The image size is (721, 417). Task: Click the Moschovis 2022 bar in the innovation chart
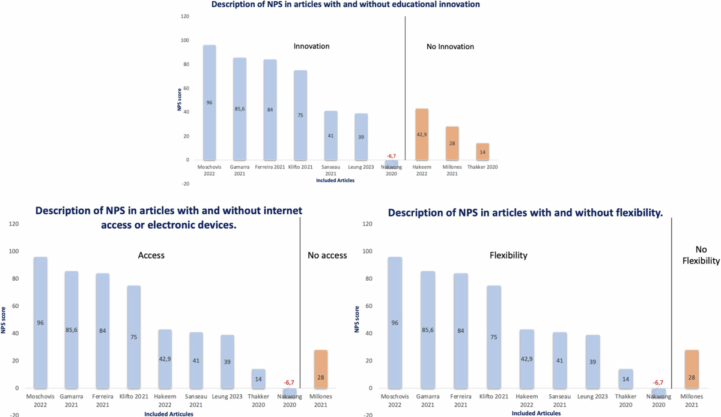[209, 103]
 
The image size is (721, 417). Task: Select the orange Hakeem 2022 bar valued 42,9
[421, 134]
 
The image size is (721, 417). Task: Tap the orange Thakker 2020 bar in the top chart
[483, 152]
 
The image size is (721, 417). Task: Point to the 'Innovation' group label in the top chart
[311, 46]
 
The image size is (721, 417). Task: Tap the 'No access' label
[327, 255]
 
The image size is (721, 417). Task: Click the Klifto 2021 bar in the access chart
[133, 337]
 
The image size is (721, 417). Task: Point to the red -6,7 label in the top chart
[391, 156]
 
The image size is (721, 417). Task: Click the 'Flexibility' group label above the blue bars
[508, 255]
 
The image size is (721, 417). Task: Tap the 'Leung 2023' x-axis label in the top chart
[360, 166]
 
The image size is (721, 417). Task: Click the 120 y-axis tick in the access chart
[14, 224]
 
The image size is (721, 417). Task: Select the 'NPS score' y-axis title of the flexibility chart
[357, 320]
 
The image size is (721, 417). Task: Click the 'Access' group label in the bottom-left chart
[151, 255]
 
